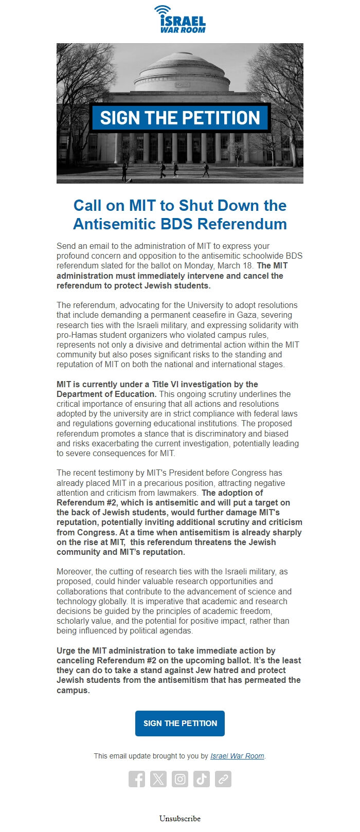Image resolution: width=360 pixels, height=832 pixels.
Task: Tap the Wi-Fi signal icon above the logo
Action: click(163, 10)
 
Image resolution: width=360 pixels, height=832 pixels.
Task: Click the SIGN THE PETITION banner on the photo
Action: click(180, 118)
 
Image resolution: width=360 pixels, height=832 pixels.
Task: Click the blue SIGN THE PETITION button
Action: click(180, 723)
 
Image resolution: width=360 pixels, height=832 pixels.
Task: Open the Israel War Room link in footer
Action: click(237, 756)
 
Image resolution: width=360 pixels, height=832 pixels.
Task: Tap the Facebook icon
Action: click(137, 779)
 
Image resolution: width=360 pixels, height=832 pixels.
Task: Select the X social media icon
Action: click(158, 779)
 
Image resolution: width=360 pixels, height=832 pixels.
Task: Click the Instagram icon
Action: click(180, 779)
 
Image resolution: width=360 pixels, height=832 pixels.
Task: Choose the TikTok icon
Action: click(202, 779)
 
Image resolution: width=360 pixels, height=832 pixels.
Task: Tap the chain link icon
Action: click(223, 779)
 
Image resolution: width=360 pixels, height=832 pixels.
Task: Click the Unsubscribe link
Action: click(180, 819)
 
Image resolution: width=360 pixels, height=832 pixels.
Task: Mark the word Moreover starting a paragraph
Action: click(75, 572)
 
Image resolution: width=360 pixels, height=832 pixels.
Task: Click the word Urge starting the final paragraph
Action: click(66, 650)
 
